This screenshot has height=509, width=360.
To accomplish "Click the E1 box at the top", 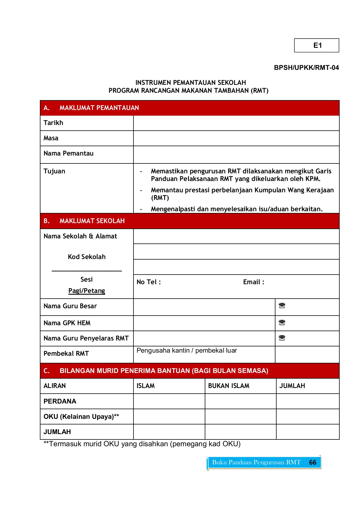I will click(x=316, y=46).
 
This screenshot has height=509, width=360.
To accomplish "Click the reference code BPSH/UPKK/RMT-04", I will click(x=306, y=68).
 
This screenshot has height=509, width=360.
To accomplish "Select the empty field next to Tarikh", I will click(x=236, y=123).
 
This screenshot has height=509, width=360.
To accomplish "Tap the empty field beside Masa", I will click(x=236, y=138).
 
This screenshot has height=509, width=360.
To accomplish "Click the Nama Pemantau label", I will click(x=68, y=153).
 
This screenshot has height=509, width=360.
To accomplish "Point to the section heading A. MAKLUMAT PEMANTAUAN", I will click(x=91, y=108).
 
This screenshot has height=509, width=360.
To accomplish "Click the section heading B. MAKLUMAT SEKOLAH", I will click(x=84, y=221).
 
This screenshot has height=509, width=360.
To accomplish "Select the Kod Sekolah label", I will click(x=87, y=257).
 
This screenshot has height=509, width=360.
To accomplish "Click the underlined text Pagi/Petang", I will click(x=87, y=291).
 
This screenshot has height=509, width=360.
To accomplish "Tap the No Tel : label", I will click(x=148, y=282).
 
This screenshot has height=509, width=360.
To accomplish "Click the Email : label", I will click(x=254, y=282).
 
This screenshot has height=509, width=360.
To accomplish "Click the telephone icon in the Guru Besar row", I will click(x=282, y=306).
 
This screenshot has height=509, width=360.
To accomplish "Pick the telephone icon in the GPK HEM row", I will click(x=282, y=323).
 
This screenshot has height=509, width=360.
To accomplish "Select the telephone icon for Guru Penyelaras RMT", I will click(x=282, y=338).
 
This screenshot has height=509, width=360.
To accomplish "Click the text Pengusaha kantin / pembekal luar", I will click(x=187, y=350).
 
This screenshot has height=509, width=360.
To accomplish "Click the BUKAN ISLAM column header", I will click(x=228, y=386).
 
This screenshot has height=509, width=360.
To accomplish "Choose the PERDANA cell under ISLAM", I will click(x=169, y=401).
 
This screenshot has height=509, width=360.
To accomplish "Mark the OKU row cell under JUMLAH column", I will click(x=307, y=417).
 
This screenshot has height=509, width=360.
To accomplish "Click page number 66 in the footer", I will click(x=312, y=462).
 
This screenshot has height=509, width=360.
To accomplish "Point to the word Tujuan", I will click(x=54, y=171).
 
